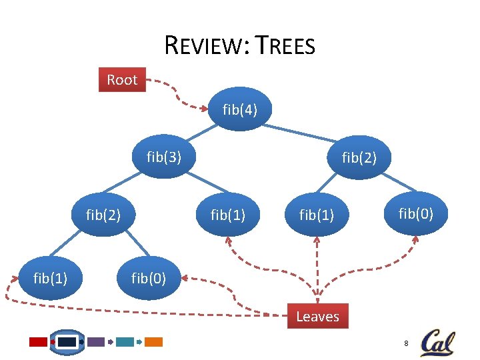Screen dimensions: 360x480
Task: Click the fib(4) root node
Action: pyautogui.click(x=240, y=108)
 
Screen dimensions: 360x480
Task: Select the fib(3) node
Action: pyautogui.click(x=164, y=157)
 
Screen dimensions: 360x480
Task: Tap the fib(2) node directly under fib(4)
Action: pyautogui.click(x=359, y=157)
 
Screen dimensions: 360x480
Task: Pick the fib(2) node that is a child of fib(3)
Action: pyautogui.click(x=103, y=215)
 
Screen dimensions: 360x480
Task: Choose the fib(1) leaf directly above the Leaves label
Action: pyautogui.click(x=317, y=215)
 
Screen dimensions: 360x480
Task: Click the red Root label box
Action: pyautogui.click(x=122, y=79)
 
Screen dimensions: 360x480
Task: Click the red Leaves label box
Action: pyautogui.click(x=317, y=316)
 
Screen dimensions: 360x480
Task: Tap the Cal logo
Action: pyautogui.click(x=437, y=342)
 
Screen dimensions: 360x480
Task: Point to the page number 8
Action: pyautogui.click(x=405, y=343)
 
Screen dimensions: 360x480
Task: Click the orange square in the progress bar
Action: pyautogui.click(x=154, y=342)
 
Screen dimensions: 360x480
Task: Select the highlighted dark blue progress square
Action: pyautogui.click(x=67, y=342)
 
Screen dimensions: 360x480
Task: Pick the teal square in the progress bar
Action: pyautogui.click(x=125, y=342)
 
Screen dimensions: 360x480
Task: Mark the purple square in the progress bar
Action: pyautogui.click(x=96, y=342)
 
